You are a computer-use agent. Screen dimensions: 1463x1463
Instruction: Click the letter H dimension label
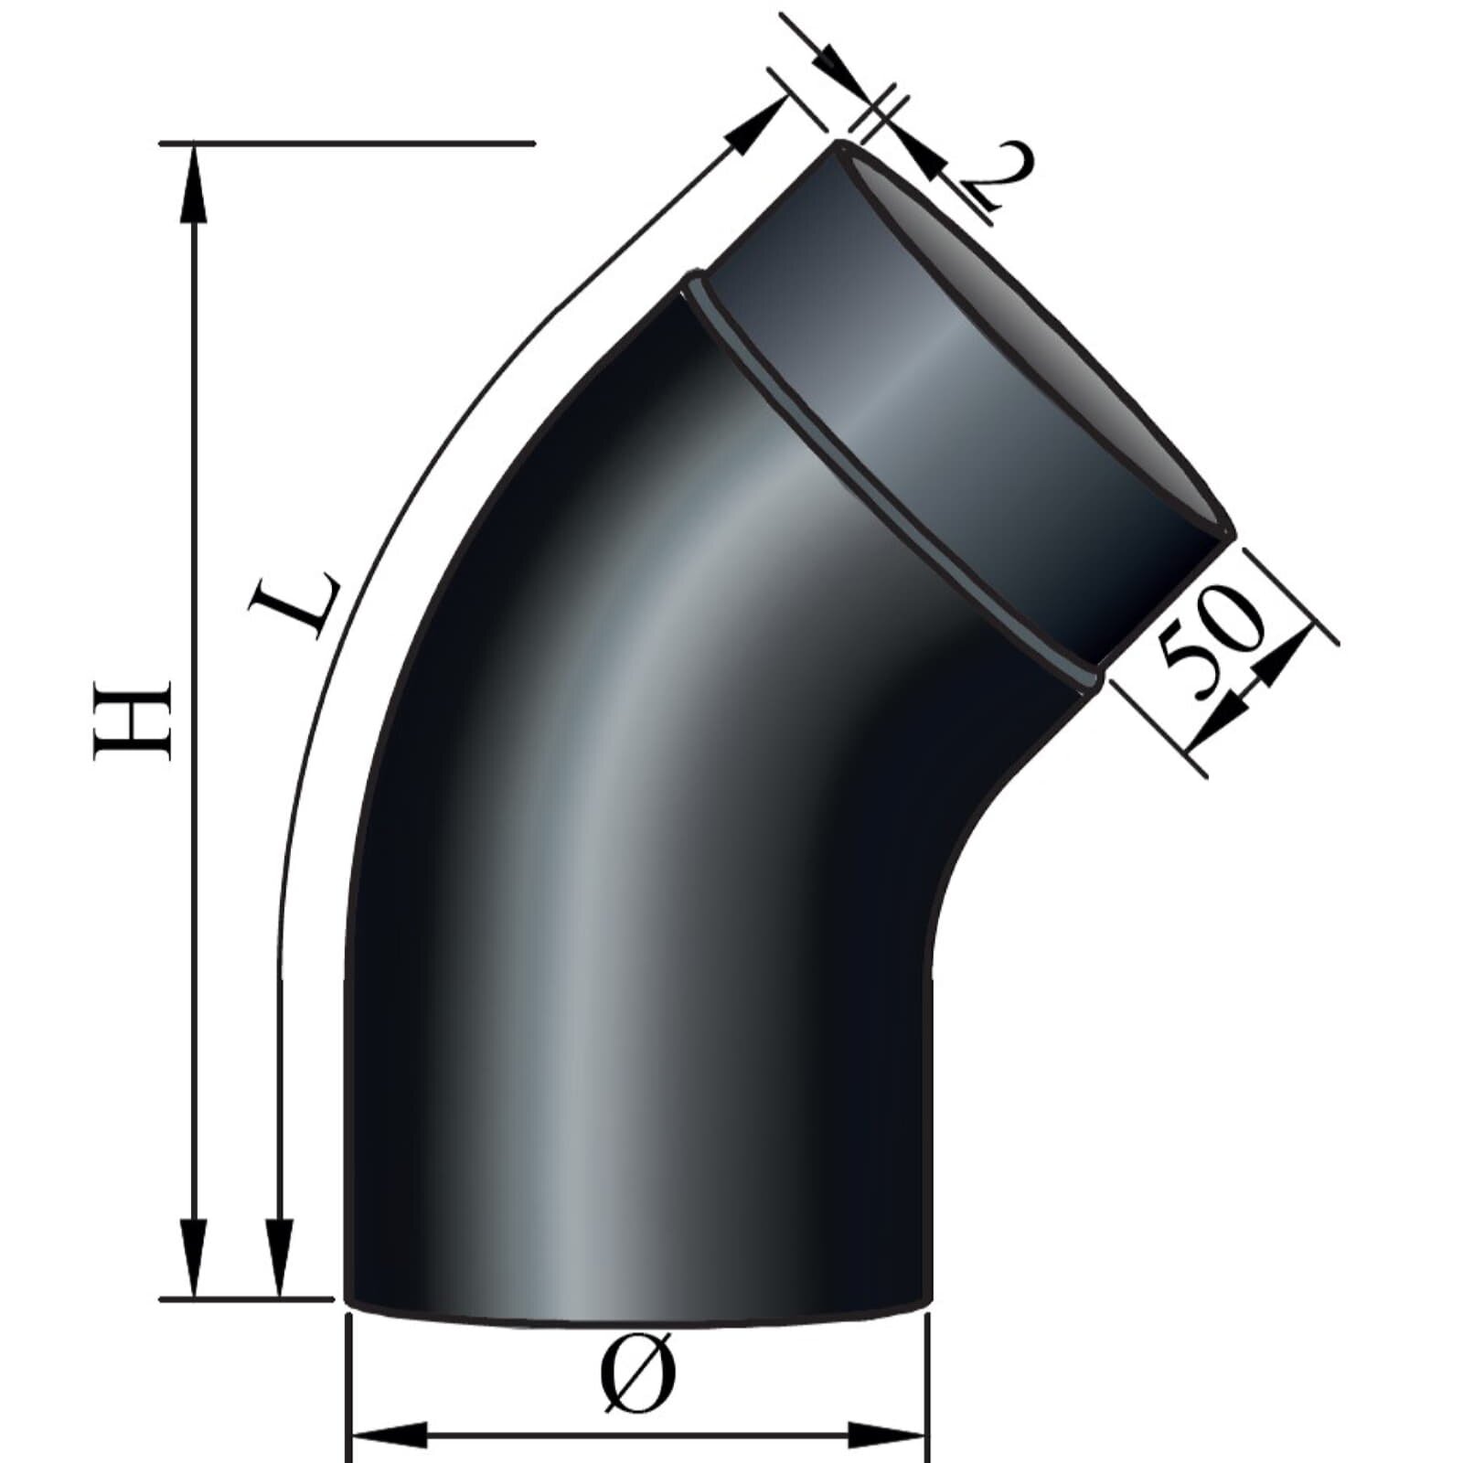(x=133, y=720)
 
